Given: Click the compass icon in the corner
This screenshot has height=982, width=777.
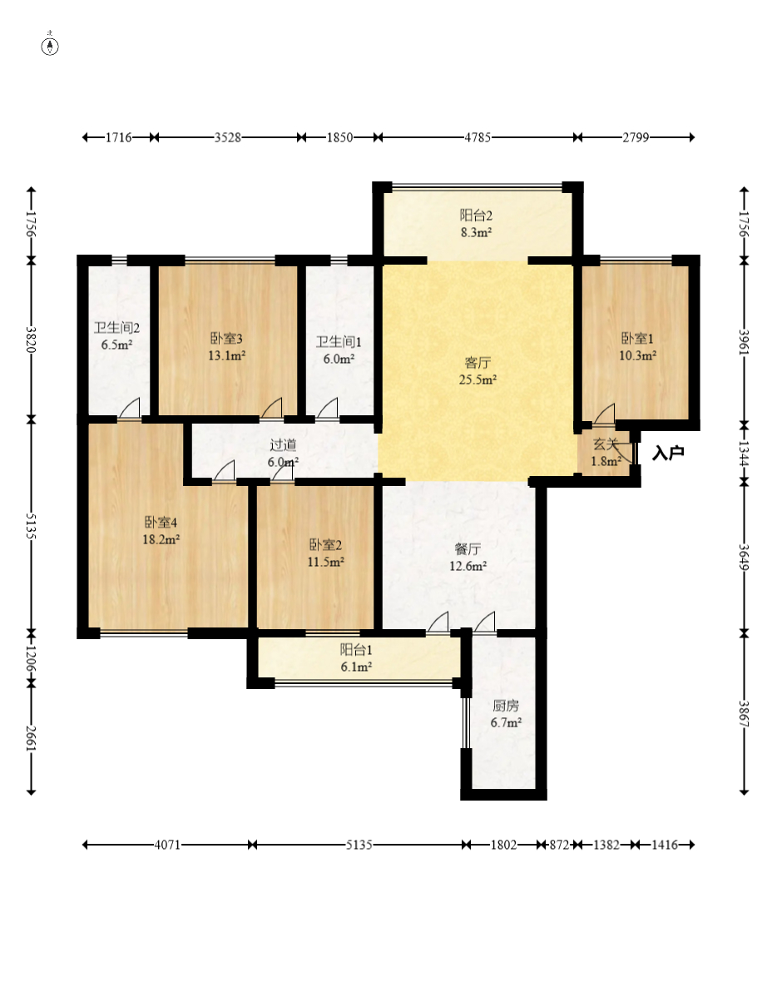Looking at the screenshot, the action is tap(50, 46).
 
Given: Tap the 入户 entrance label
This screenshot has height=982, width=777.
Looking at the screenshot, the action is tap(668, 452).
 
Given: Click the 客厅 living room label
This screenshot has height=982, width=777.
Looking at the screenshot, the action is tap(478, 363).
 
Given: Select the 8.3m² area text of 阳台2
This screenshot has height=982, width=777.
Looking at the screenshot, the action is tap(476, 232).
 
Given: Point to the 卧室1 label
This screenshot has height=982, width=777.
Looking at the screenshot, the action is tap(637, 339).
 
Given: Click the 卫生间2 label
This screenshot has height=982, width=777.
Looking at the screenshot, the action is tap(117, 328).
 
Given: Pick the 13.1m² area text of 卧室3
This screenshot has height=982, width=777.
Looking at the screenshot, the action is tap(226, 355).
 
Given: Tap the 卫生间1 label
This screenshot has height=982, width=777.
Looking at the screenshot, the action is tap(339, 342).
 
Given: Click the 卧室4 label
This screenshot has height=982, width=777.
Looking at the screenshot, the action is tap(161, 523).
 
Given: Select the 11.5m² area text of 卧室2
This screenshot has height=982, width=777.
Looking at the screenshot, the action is tap(325, 562).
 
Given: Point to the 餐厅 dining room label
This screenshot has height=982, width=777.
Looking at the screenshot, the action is tap(468, 549).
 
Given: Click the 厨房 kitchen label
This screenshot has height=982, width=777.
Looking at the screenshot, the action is tap(506, 706).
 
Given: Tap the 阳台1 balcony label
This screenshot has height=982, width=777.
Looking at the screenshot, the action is tap(356, 650).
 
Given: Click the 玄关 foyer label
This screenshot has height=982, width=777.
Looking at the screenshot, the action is tap(606, 444).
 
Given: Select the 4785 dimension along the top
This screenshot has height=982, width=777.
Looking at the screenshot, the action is tap(477, 137).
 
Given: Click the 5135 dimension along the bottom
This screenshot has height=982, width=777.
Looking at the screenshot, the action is tap(359, 845).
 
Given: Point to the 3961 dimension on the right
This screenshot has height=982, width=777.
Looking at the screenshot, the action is tap(744, 341).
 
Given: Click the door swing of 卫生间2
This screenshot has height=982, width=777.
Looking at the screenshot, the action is tap(131, 408).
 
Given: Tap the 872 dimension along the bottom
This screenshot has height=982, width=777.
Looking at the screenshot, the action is tap(559, 845).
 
